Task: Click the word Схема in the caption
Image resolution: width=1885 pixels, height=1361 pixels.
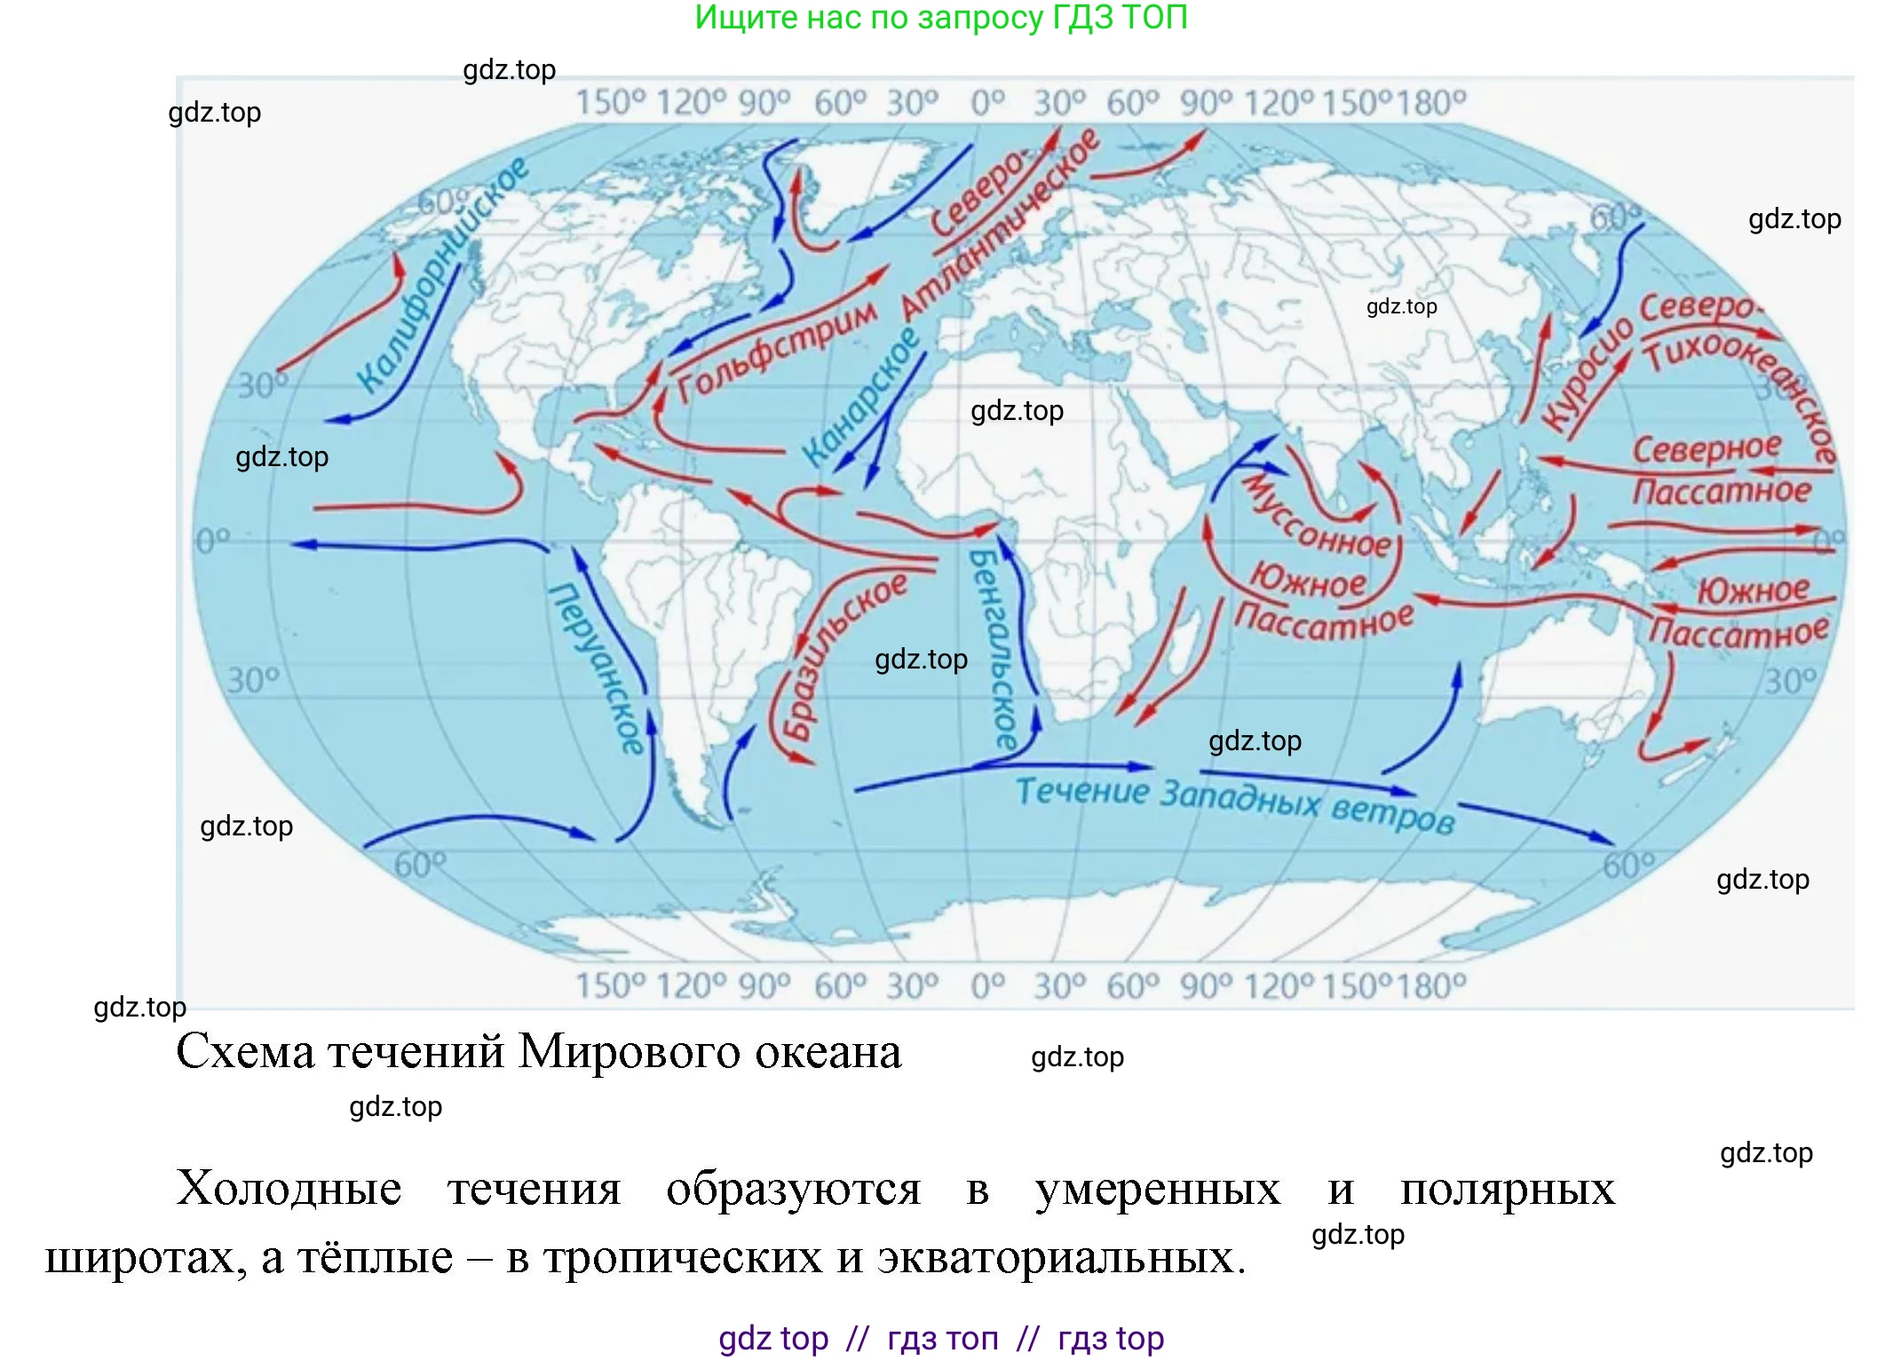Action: point(245,1053)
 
